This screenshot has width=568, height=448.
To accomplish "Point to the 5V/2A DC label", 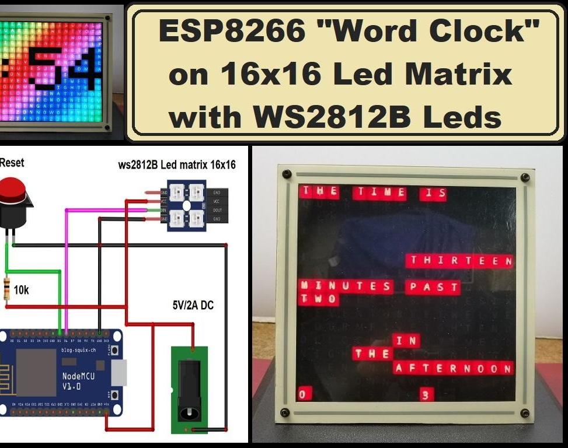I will [x=193, y=304].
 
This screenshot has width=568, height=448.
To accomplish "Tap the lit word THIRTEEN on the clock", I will [x=460, y=261].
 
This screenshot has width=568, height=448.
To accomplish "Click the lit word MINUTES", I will [x=346, y=286].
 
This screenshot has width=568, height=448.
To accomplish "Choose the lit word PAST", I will [x=433, y=286].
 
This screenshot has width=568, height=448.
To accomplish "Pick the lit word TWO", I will [x=319, y=299].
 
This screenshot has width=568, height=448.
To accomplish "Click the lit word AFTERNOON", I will [x=454, y=368].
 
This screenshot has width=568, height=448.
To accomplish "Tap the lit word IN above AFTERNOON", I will [x=406, y=341].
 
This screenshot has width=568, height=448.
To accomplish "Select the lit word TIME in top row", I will [x=381, y=191].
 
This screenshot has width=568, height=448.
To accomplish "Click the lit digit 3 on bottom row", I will [x=426, y=395].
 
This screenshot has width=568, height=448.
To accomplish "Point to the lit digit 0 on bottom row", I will [x=303, y=394].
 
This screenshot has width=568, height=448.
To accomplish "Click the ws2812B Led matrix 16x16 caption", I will [x=177, y=165].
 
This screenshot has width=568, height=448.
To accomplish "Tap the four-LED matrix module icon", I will [x=186, y=205].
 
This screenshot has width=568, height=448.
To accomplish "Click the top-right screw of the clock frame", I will [x=525, y=178].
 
